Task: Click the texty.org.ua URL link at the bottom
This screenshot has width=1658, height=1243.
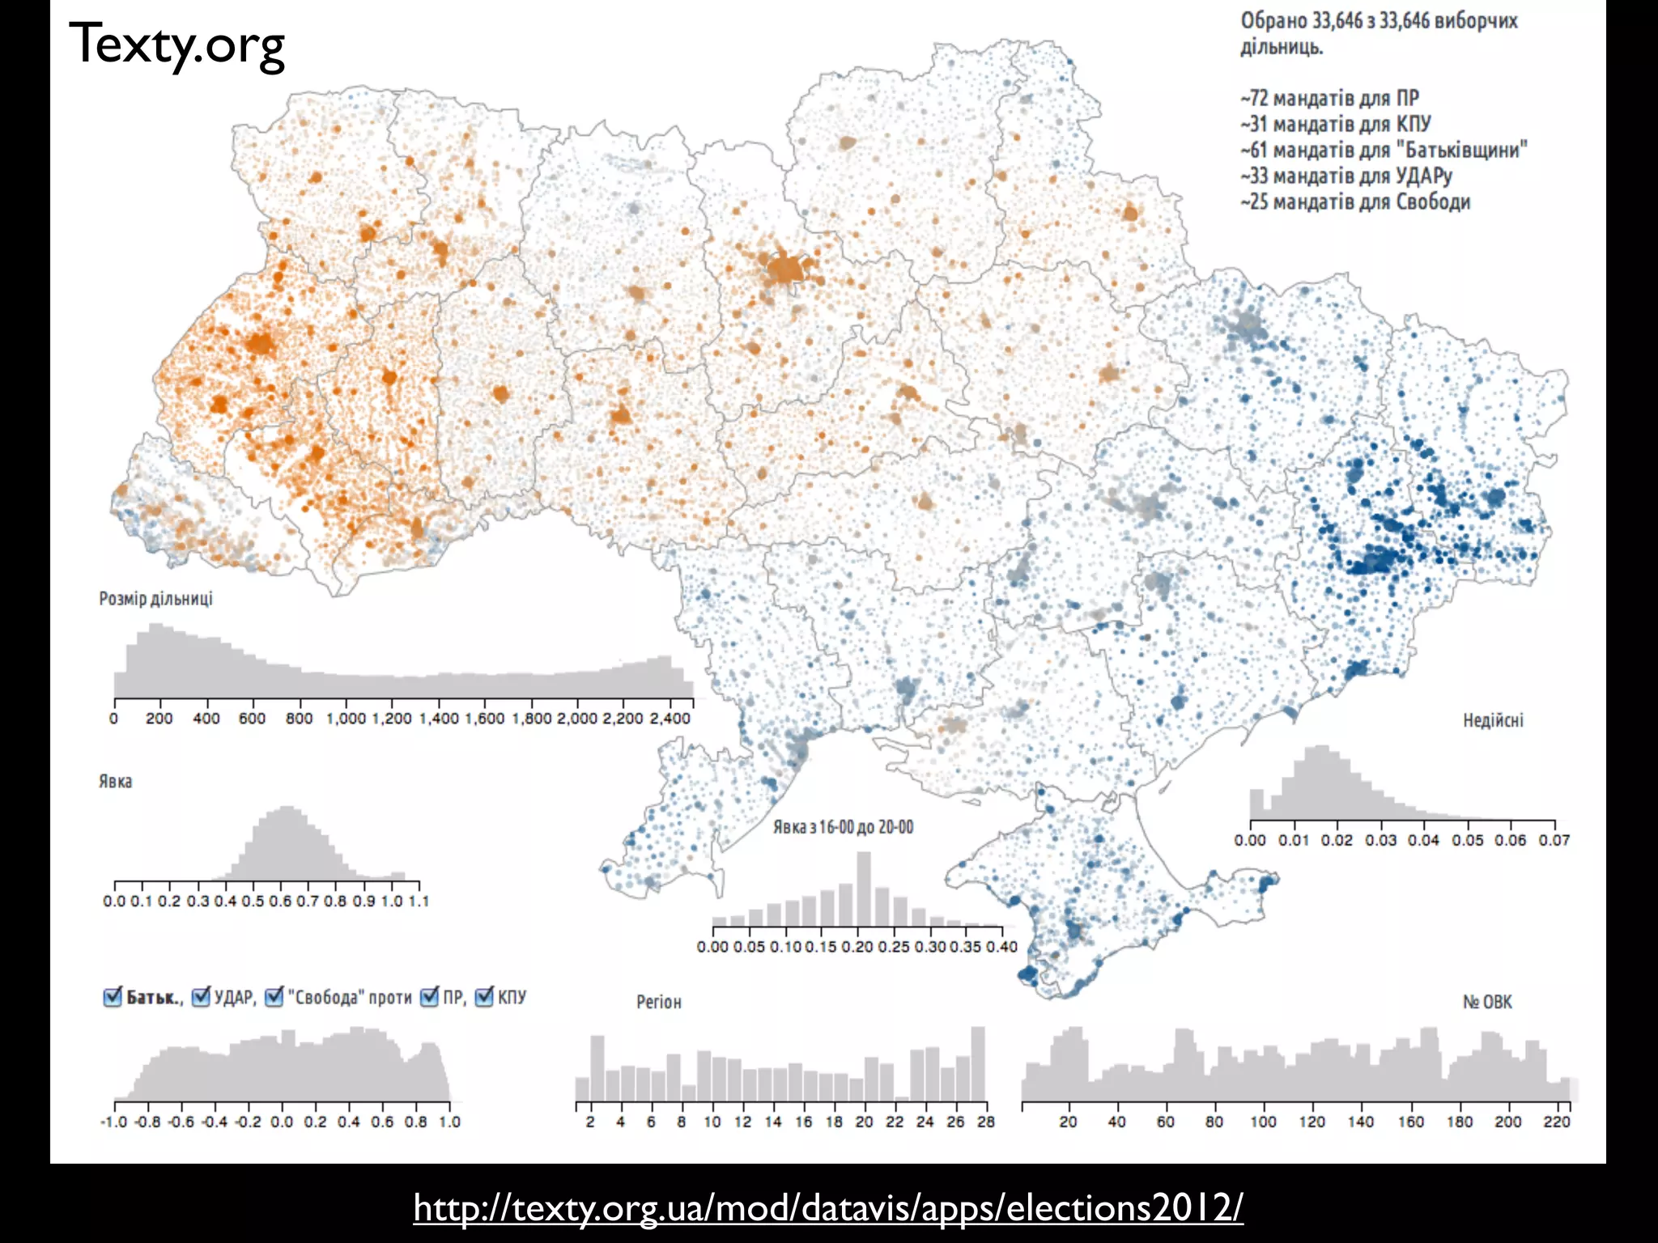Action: point(827,1207)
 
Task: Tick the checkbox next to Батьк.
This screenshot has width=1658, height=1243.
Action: point(113,997)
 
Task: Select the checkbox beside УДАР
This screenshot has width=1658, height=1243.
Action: point(202,997)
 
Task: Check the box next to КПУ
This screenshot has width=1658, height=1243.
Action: point(484,997)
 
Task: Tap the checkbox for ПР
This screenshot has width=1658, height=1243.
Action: point(429,997)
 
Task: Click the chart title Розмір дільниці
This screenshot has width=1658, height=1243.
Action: point(155,599)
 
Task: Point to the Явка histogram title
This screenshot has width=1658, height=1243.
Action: point(115,782)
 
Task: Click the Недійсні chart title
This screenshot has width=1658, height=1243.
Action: point(1492,720)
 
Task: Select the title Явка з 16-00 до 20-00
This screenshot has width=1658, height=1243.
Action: point(843,827)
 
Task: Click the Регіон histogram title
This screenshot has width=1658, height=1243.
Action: point(658,1002)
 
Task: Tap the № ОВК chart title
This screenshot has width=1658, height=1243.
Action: point(1486,1002)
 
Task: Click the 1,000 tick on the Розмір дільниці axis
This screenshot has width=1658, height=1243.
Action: point(346,719)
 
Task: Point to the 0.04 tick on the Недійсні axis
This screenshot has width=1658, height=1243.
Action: point(1423,840)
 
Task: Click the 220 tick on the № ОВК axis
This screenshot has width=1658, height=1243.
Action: point(1556,1122)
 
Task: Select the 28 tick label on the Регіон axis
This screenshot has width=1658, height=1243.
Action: point(985,1122)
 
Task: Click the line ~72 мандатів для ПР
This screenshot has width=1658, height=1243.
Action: point(1329,98)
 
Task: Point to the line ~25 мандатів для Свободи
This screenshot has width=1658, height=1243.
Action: point(1354,202)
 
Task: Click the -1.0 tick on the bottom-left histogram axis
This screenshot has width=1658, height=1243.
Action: point(113,1122)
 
